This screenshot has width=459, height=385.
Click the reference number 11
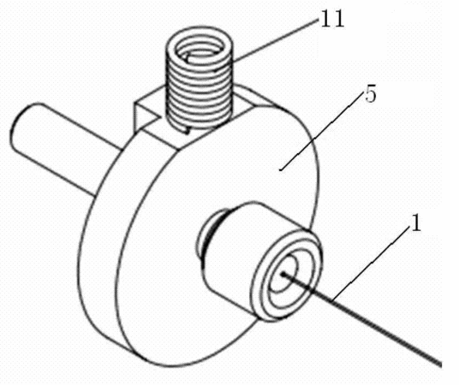point(332,20)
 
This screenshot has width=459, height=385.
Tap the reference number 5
point(370,95)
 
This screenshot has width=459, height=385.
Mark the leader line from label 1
point(371,264)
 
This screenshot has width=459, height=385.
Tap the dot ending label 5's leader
point(281,169)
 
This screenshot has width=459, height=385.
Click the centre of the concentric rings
point(283,274)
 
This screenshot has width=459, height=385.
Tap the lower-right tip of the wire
point(440,364)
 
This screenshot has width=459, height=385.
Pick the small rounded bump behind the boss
point(205,237)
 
